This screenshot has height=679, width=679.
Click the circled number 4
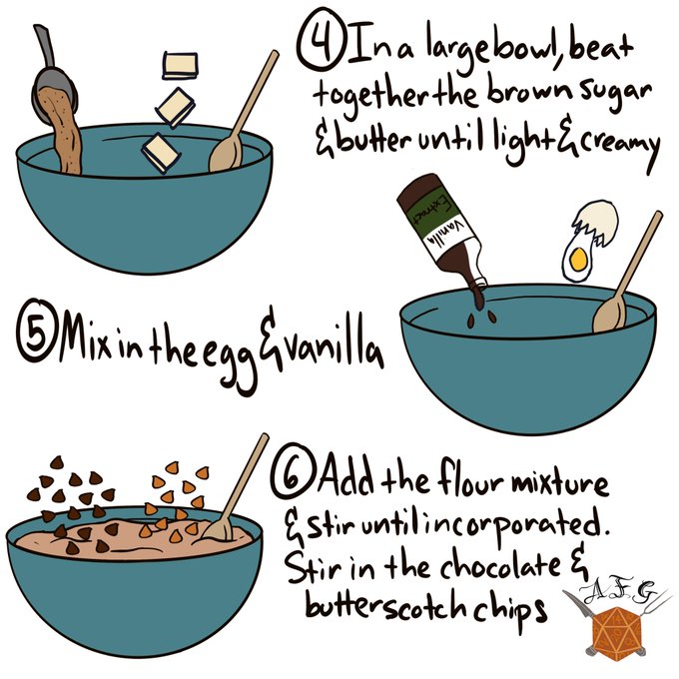321,40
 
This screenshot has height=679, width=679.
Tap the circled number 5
36,331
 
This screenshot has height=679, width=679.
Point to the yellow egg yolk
578,259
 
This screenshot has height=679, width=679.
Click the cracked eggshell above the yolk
596,222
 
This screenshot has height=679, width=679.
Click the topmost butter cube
180,65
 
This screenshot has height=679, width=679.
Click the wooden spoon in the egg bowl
627,273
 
